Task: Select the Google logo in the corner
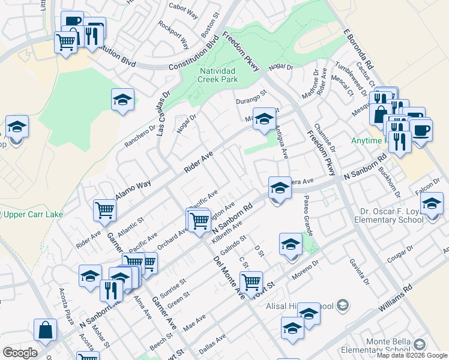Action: tap(19, 353)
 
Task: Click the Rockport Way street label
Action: tap(173, 35)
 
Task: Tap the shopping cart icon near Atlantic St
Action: tap(104, 210)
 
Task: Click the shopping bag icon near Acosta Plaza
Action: tap(45, 329)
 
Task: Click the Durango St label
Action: tap(250, 97)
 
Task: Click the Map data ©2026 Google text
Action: tap(411, 355)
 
